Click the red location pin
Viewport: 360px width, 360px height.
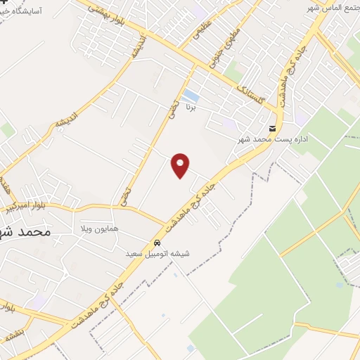(x=181, y=165)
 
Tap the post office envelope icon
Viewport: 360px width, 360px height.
(x=272, y=129)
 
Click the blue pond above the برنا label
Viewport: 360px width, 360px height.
(x=190, y=95)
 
